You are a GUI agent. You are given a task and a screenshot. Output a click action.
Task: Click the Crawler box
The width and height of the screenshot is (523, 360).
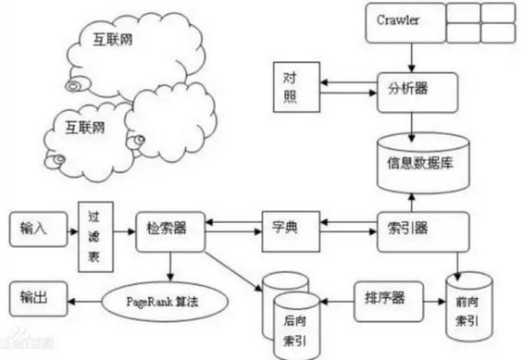tap(400, 20)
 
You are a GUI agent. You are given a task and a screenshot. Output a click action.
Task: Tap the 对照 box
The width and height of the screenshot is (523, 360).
tap(294, 86)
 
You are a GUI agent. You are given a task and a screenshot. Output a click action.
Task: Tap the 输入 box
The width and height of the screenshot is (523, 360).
tap(36, 226)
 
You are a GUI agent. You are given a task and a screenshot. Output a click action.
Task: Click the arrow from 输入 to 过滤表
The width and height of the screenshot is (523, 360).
tap(70, 226)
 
